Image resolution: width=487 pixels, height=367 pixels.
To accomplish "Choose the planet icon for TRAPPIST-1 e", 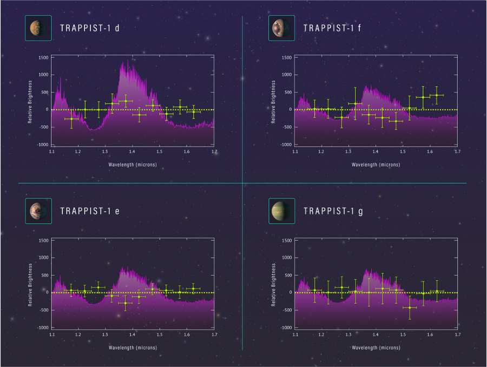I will pos(38,211).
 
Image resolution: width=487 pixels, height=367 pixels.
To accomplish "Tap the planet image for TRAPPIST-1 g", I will pos(281,211).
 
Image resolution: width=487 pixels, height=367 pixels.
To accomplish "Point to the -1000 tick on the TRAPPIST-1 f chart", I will pos(285,145).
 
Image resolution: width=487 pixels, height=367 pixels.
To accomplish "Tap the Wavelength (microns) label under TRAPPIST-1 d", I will pos(133,165).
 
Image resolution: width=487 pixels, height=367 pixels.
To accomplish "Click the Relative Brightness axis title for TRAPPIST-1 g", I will pos(274,284).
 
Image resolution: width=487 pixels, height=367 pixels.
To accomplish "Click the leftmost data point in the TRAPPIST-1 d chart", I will pos(71,119).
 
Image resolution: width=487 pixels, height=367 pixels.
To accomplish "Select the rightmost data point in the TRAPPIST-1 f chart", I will pos(437,95).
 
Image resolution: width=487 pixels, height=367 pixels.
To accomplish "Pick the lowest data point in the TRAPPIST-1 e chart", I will pos(126,303).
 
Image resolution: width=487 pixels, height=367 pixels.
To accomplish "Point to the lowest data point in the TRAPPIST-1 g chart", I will pos(410,307).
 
